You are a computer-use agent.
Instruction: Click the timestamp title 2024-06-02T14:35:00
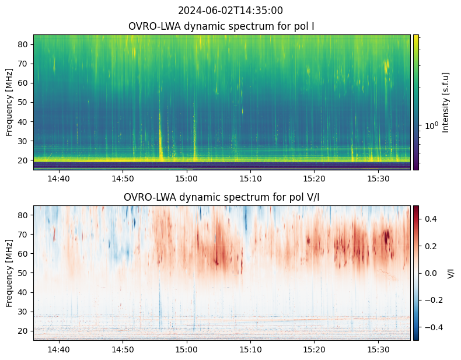(x=230, y=11)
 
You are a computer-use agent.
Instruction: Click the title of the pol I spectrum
(x=221, y=27)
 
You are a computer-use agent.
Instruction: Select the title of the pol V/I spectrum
(x=221, y=197)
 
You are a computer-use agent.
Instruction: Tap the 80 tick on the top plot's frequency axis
(x=24, y=44)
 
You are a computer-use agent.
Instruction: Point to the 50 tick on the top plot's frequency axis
(x=24, y=102)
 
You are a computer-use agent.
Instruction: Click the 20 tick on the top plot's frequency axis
(x=24, y=160)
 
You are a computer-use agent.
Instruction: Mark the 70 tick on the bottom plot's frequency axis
(x=24, y=235)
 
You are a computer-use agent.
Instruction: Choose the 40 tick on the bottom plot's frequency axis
(x=24, y=292)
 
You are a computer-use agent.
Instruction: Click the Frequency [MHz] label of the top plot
(x=9, y=102)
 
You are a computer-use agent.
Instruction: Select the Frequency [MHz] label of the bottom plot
(x=9, y=273)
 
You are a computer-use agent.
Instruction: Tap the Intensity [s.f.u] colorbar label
(x=446, y=102)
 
